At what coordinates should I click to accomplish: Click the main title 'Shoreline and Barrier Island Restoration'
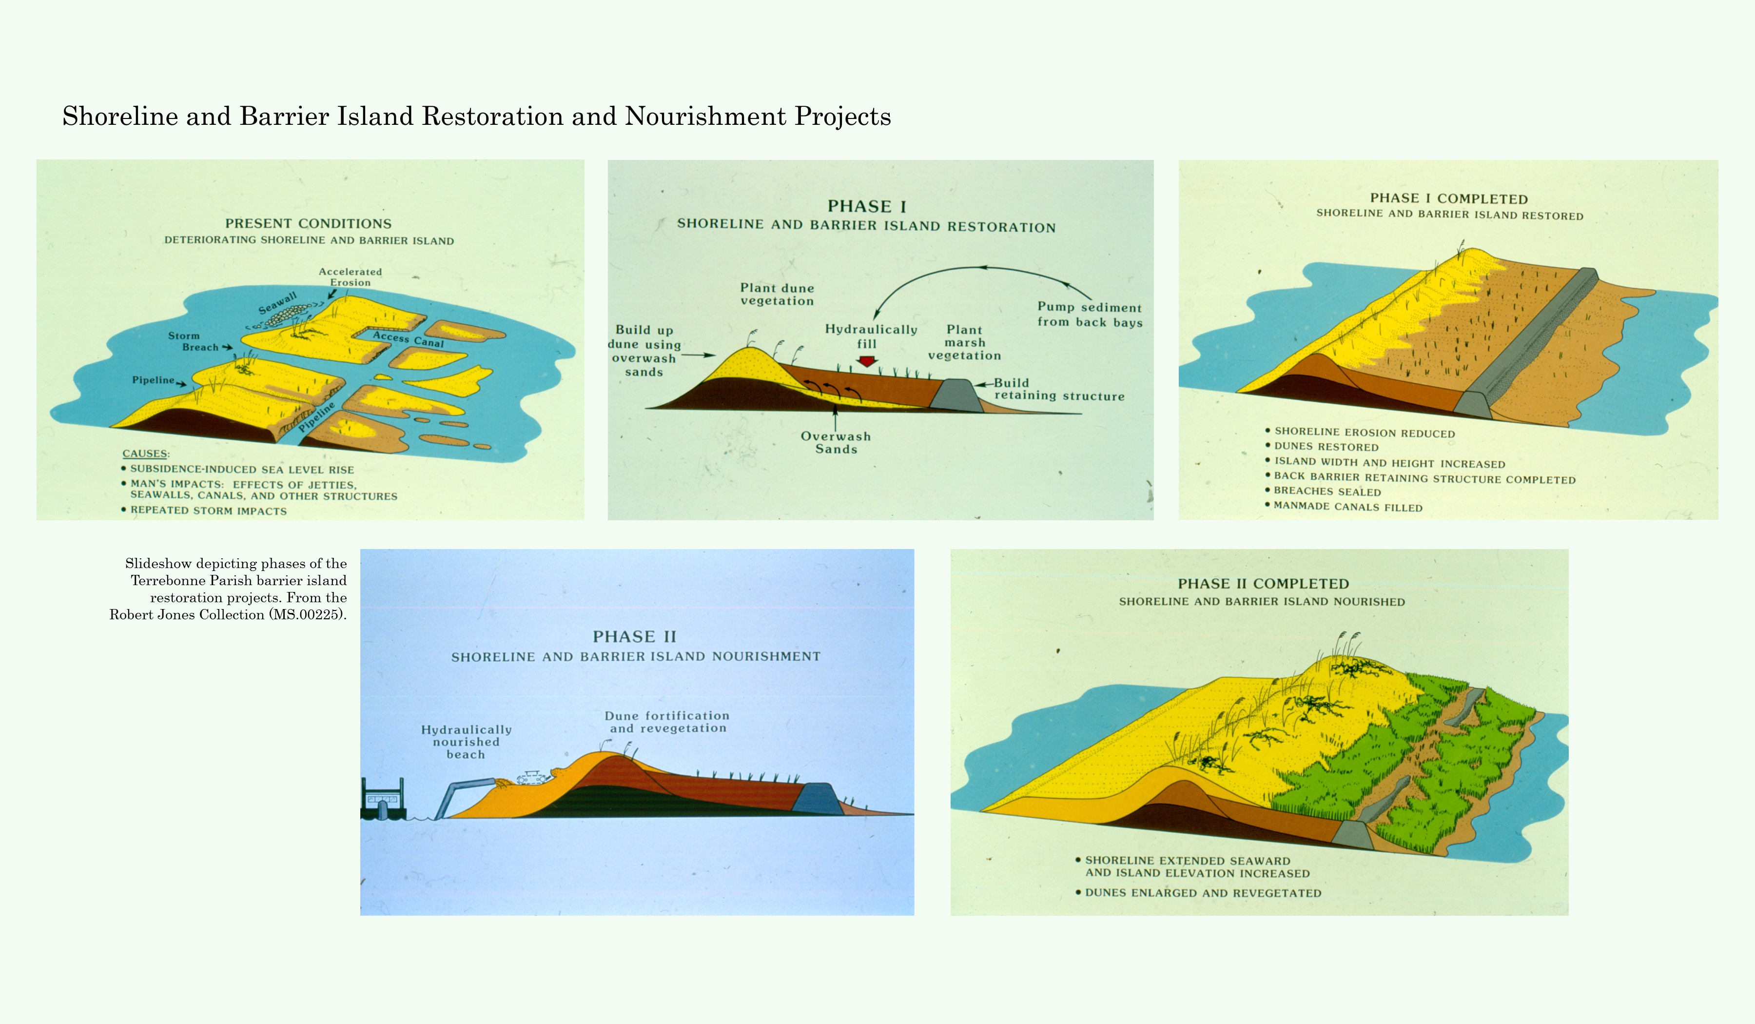[476, 117]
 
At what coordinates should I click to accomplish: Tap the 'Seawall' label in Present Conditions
[277, 304]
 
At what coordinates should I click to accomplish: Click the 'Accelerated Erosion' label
[351, 276]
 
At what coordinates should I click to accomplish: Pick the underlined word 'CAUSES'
[145, 453]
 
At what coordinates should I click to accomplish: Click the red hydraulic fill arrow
[866, 361]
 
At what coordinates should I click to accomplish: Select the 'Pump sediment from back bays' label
[1089, 314]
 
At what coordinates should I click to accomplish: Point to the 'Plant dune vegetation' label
[777, 294]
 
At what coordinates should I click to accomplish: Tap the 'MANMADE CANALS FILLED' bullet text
[1347, 507]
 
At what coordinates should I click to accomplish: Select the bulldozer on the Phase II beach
[533, 777]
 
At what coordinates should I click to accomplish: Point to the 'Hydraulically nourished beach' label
[466, 742]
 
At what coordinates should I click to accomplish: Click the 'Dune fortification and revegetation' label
[667, 722]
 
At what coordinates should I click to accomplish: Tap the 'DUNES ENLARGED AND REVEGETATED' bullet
[1203, 893]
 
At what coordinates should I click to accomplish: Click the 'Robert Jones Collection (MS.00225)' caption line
[228, 614]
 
